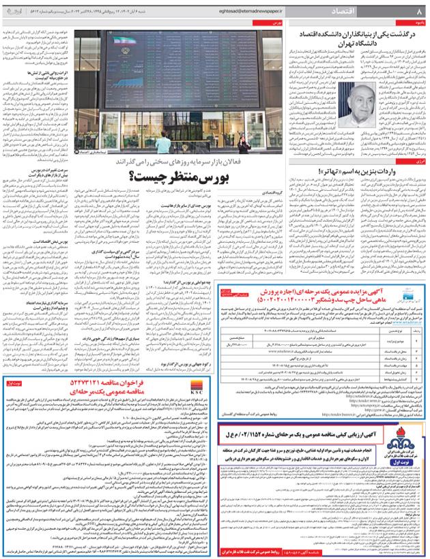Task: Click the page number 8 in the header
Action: pos(419,12)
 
